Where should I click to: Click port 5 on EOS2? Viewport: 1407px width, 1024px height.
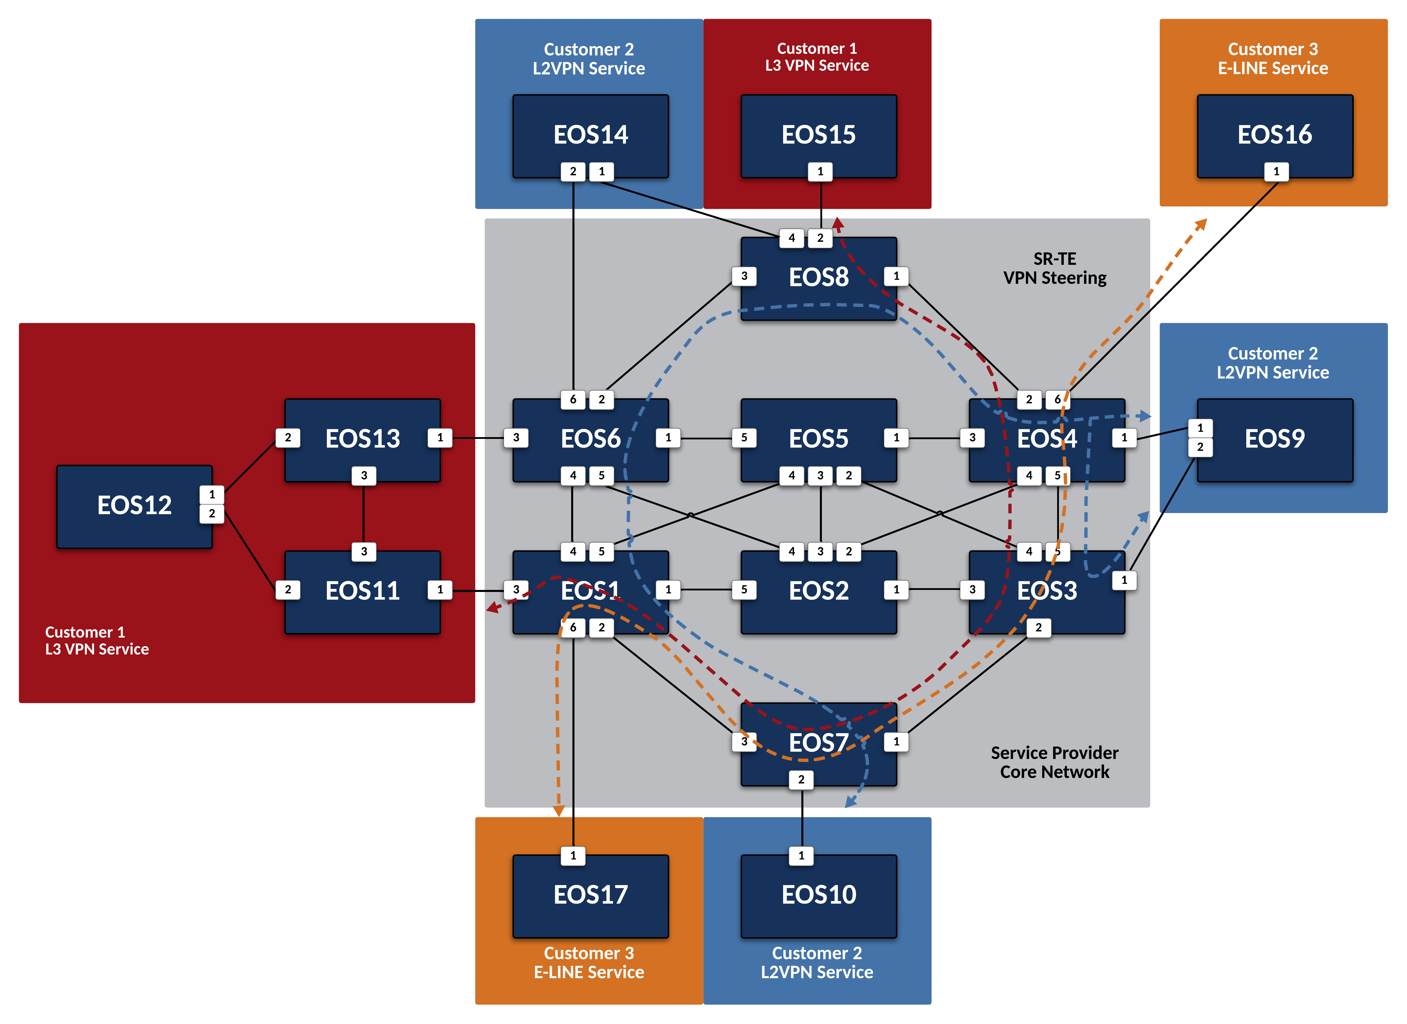click(744, 590)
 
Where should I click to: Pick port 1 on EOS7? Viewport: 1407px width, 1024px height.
click(896, 742)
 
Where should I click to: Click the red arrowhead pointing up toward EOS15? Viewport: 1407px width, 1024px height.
click(838, 223)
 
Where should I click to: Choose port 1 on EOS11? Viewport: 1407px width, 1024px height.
click(440, 590)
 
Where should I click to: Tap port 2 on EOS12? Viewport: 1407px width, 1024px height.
click(211, 514)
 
